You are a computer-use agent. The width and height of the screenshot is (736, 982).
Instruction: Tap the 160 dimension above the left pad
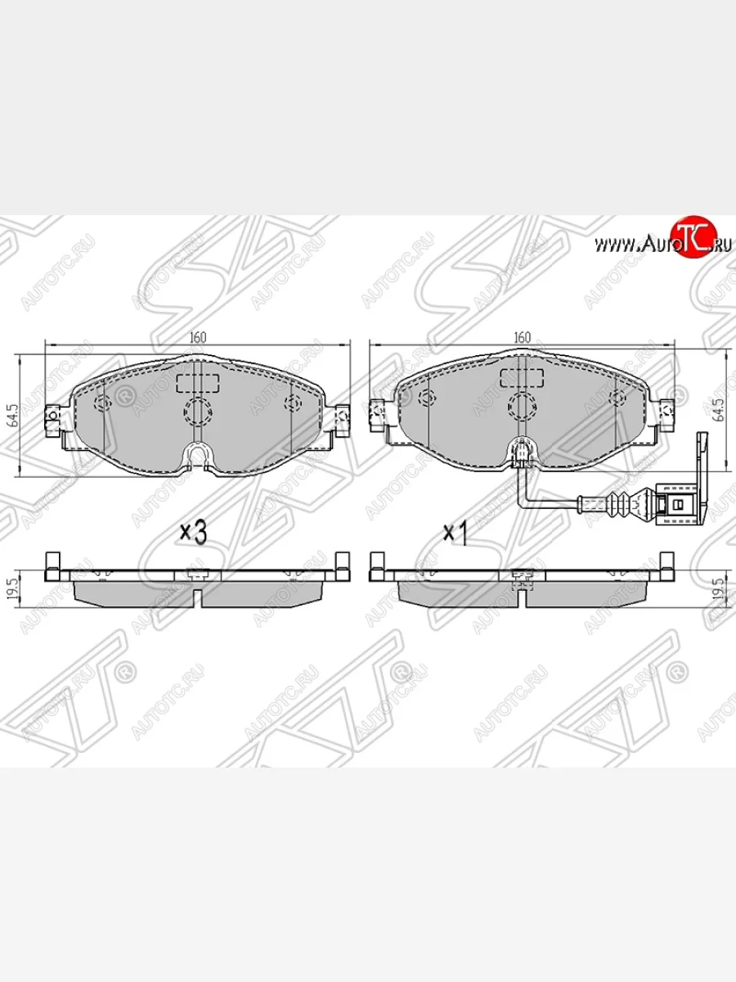click(198, 336)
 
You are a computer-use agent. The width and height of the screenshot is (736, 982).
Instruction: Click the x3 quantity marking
click(193, 533)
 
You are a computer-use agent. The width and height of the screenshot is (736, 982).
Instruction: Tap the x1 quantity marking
click(454, 534)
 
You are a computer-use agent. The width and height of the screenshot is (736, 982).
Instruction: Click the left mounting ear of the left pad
click(52, 418)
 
